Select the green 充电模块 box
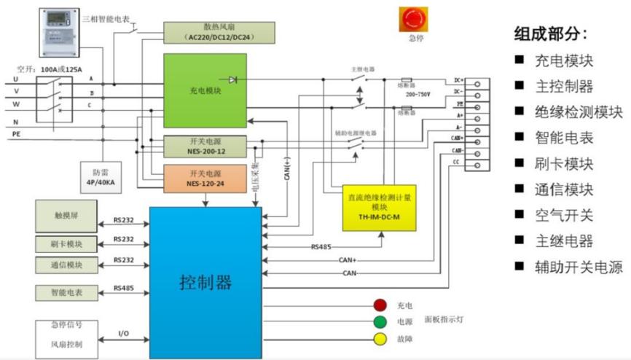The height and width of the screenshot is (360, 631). [205, 90]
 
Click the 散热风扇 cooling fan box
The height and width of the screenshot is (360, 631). [219, 32]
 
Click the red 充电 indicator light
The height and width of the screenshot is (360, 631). [380, 305]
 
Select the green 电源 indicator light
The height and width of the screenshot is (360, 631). [380, 322]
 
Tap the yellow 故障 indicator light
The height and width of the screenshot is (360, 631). [380, 339]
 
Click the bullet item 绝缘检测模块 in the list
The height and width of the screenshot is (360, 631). [579, 111]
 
